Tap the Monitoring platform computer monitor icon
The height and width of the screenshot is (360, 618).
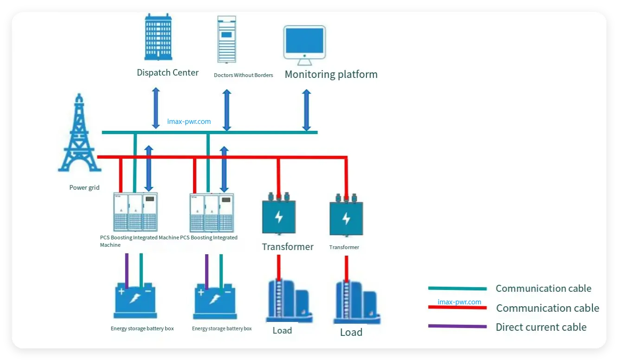coord(304,45)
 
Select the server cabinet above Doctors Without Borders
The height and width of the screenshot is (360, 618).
coord(226,39)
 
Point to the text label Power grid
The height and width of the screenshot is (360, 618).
coord(84,188)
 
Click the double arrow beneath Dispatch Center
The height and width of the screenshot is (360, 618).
coord(156,108)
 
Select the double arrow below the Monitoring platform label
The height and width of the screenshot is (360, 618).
coord(306,110)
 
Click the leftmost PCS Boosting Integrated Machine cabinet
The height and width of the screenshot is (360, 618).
coord(135,212)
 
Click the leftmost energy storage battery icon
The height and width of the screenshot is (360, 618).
coord(135,300)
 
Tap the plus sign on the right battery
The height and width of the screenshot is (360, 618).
coord(201,292)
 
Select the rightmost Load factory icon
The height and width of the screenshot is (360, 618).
coord(356,302)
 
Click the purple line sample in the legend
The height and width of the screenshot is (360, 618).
coord(457,326)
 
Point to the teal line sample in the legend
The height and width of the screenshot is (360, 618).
coord(457,289)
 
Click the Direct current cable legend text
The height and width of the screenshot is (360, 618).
coord(541,327)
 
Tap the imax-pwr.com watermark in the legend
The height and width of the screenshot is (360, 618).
coord(459,302)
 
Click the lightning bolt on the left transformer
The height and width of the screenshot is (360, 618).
coord(278,217)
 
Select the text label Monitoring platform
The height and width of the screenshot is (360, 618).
coord(331,74)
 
